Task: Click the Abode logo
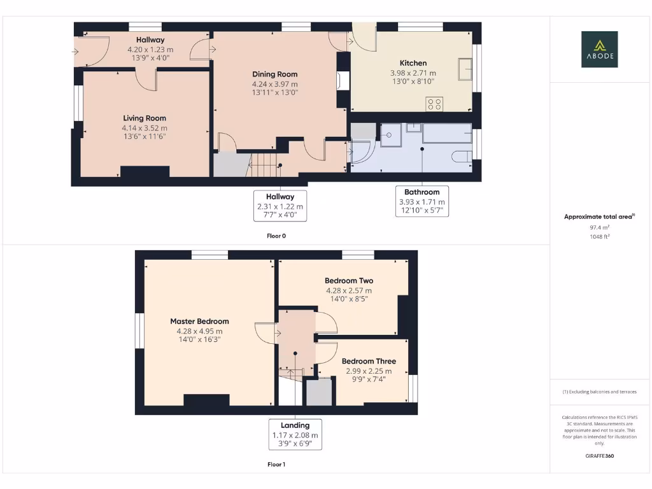tap(599, 50)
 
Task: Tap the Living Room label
tap(145, 118)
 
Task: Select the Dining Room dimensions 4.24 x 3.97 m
tap(274, 83)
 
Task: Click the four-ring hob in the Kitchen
tap(436, 104)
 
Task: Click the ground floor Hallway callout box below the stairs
tap(280, 206)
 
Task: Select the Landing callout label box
tap(295, 435)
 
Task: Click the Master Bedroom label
tap(199, 321)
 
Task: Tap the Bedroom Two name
tap(349, 280)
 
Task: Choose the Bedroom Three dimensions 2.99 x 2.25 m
tap(369, 371)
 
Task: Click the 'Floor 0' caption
tap(276, 236)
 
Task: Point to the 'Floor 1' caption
tap(276, 464)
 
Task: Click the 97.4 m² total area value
tap(599, 227)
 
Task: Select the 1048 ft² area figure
tap(599, 236)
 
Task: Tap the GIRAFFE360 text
tap(599, 456)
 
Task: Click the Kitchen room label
tap(413, 63)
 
